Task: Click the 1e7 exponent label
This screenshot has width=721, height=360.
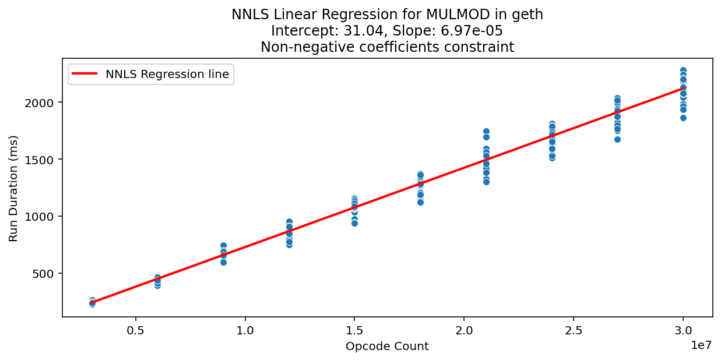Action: (x=701, y=345)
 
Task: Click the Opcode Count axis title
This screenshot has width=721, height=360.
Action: (x=387, y=347)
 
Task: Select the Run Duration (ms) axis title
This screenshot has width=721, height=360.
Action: (x=13, y=188)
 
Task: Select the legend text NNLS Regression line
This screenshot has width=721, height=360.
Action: (x=167, y=74)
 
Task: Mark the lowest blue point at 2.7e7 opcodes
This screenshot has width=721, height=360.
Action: (x=617, y=139)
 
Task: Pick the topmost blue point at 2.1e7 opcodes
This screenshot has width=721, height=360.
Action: (x=486, y=132)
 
